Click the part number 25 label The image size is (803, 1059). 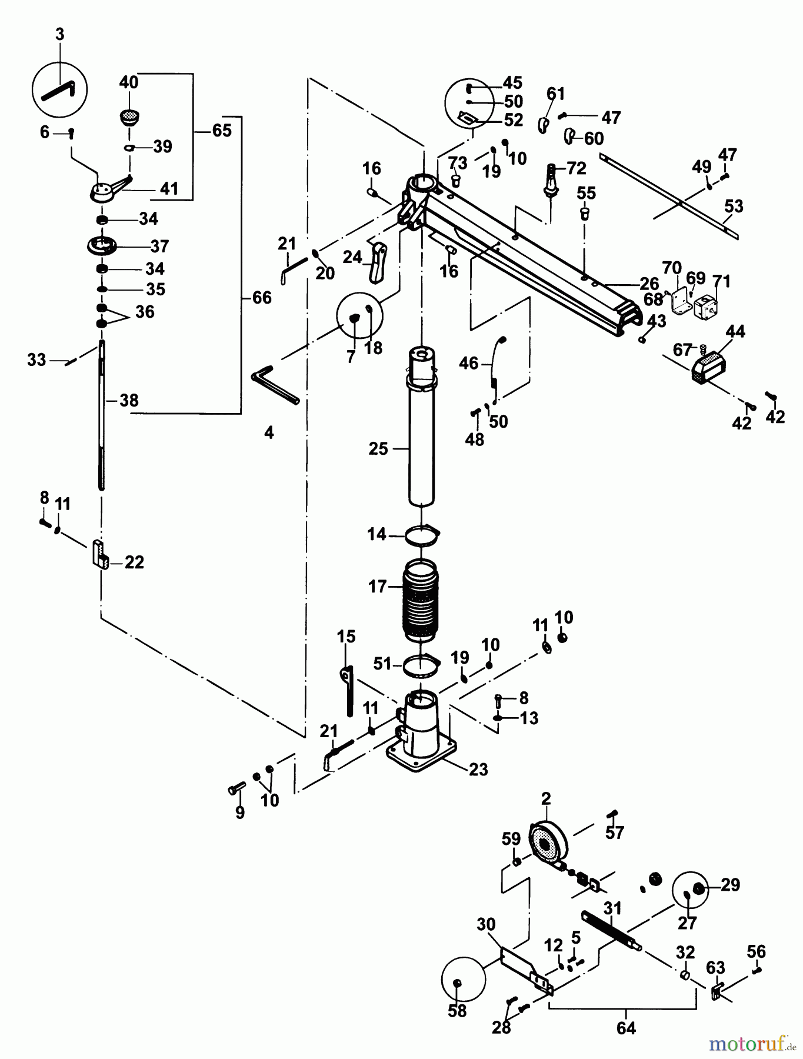378,449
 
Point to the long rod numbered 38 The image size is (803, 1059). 102,415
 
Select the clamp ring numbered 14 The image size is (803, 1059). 422,535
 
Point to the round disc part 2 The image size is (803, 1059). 548,846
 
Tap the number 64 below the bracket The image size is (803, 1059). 626,1028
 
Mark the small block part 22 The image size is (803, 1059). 99,554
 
